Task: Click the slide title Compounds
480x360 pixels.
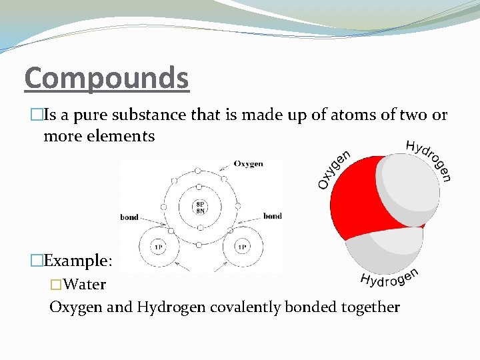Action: pyautogui.click(x=107, y=78)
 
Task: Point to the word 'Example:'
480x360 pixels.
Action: pyautogui.click(x=80, y=261)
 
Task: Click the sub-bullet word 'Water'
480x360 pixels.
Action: pyautogui.click(x=86, y=285)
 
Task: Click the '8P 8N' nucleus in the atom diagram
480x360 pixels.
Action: pyautogui.click(x=199, y=207)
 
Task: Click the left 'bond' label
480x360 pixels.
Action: pyautogui.click(x=129, y=217)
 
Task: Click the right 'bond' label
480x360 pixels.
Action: pyautogui.click(x=272, y=216)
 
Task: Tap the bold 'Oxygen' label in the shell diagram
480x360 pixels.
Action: pyautogui.click(x=248, y=164)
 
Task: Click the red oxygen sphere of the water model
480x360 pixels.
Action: pyautogui.click(x=353, y=200)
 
